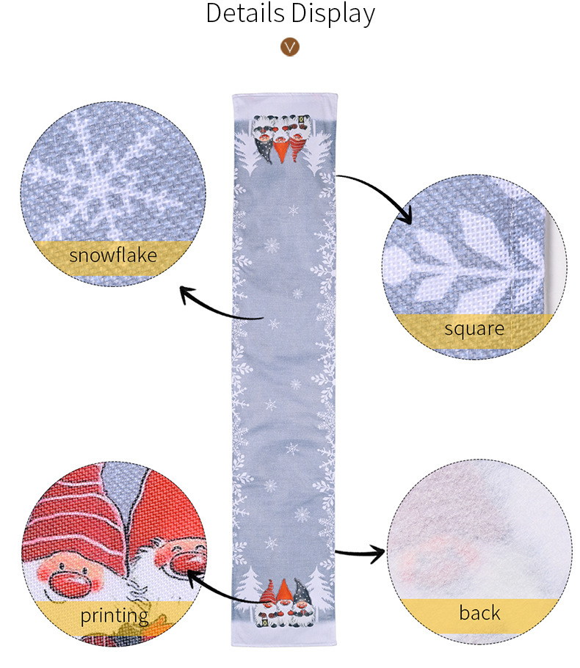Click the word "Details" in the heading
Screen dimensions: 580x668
pyautogui.click(x=245, y=12)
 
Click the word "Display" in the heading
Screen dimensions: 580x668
pyautogui.click(x=333, y=14)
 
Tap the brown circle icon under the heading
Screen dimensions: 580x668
pyautogui.click(x=290, y=46)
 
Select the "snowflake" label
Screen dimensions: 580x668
pyautogui.click(x=113, y=255)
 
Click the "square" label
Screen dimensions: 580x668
pyautogui.click(x=474, y=329)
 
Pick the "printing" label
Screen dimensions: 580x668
pyautogui.click(x=115, y=616)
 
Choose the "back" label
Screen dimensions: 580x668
pyautogui.click(x=480, y=613)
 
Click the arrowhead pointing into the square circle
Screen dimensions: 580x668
pyautogui.click(x=405, y=215)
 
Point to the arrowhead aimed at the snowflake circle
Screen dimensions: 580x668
pyautogui.click(x=186, y=294)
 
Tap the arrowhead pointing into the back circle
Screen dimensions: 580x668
pyautogui.click(x=378, y=553)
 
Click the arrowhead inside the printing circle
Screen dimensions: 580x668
pyautogui.click(x=194, y=578)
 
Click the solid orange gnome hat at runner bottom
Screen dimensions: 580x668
pyautogui.click(x=284, y=590)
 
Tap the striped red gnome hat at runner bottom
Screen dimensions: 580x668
pyautogui.click(x=268, y=592)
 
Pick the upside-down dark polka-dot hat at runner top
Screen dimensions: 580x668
pyautogui.click(x=264, y=150)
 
